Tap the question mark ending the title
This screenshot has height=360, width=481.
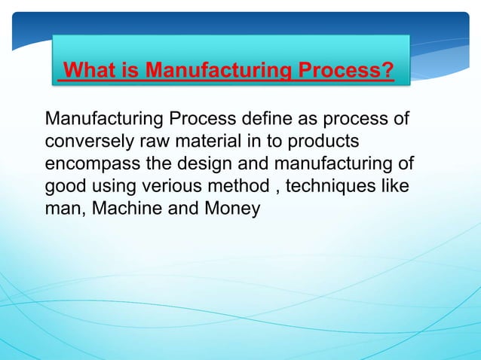coord(388,72)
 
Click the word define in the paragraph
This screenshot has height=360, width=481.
coord(272,119)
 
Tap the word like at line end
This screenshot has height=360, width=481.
coord(396,186)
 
